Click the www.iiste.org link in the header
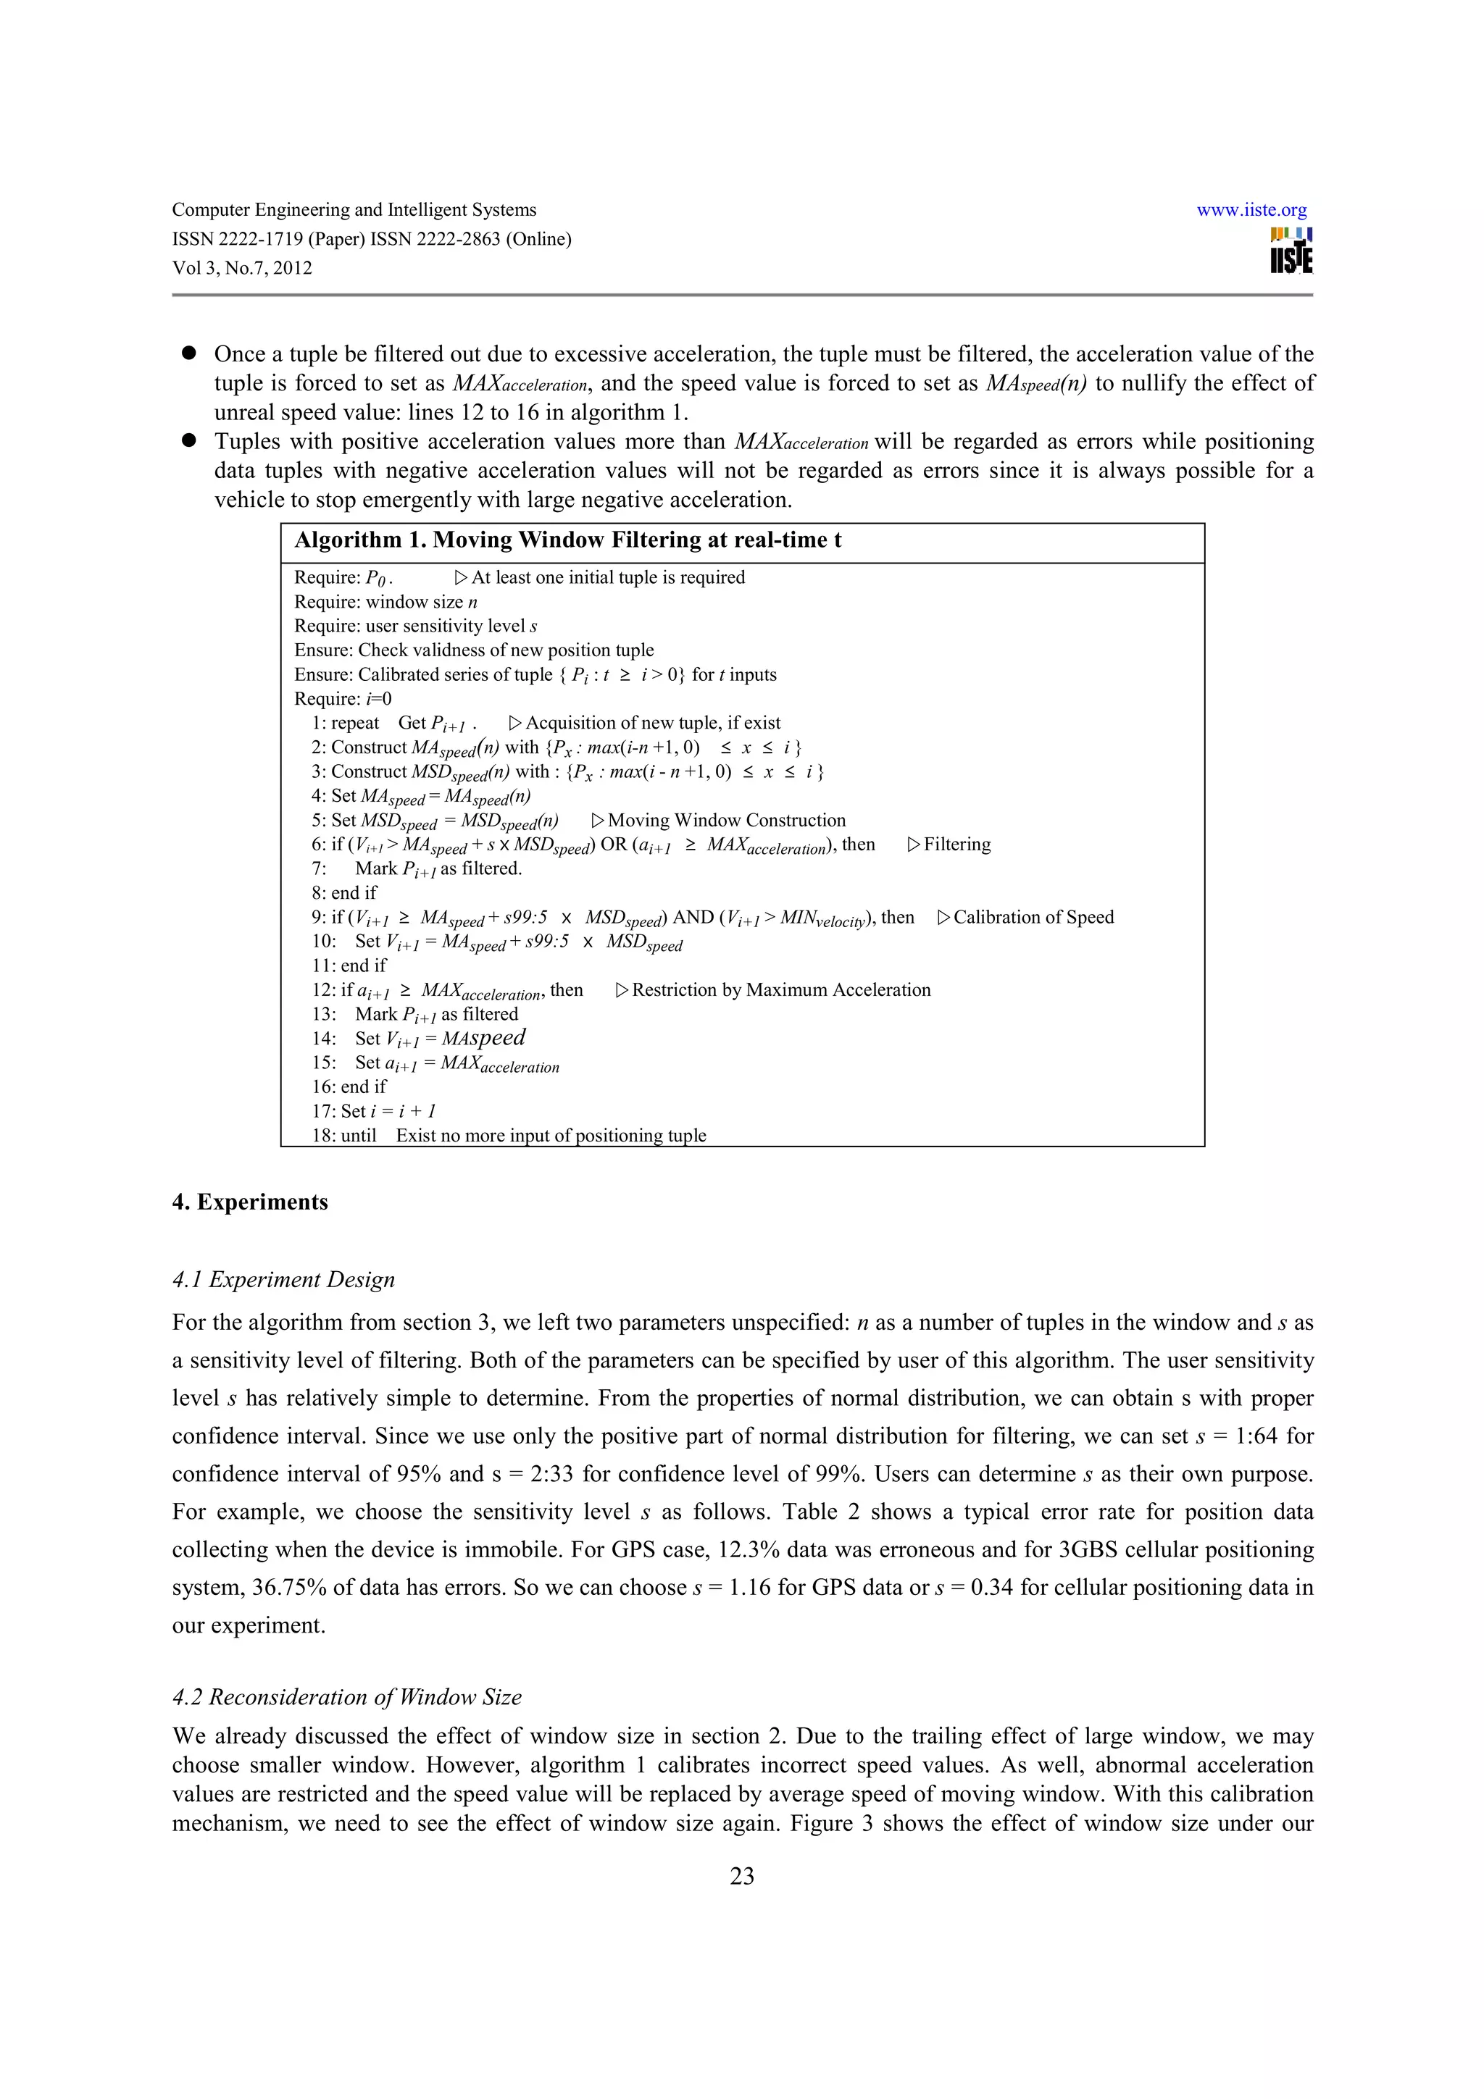1251,210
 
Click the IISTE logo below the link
1291,251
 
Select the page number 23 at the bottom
741,1876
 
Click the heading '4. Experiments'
249,1202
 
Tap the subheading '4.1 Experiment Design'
283,1279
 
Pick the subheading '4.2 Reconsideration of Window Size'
346,1697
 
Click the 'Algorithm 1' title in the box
567,540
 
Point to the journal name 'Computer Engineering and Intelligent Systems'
354,210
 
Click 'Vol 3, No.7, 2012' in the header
242,269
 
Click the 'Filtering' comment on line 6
956,845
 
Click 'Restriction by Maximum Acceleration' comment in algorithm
780,990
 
